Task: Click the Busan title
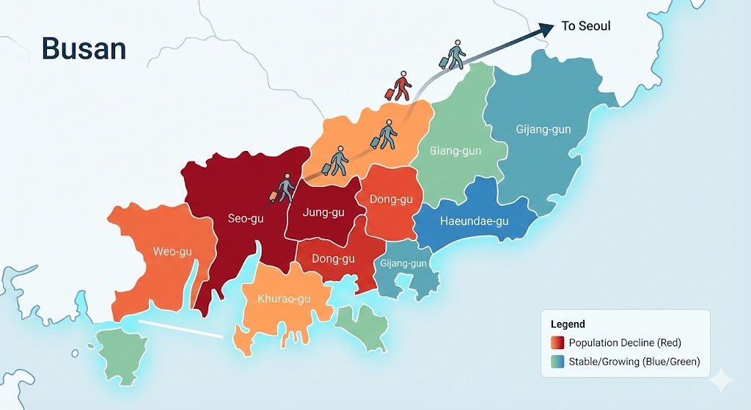pos(84,48)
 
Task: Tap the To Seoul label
pos(585,26)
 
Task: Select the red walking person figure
pos(400,87)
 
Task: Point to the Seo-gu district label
pos(245,218)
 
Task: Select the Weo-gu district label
pos(172,252)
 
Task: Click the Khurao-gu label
pos(284,299)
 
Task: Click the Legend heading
pos(568,323)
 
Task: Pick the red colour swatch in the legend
pos(557,343)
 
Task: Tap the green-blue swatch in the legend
pos(557,362)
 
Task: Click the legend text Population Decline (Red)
pos(623,343)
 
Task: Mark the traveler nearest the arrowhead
pos(454,55)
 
